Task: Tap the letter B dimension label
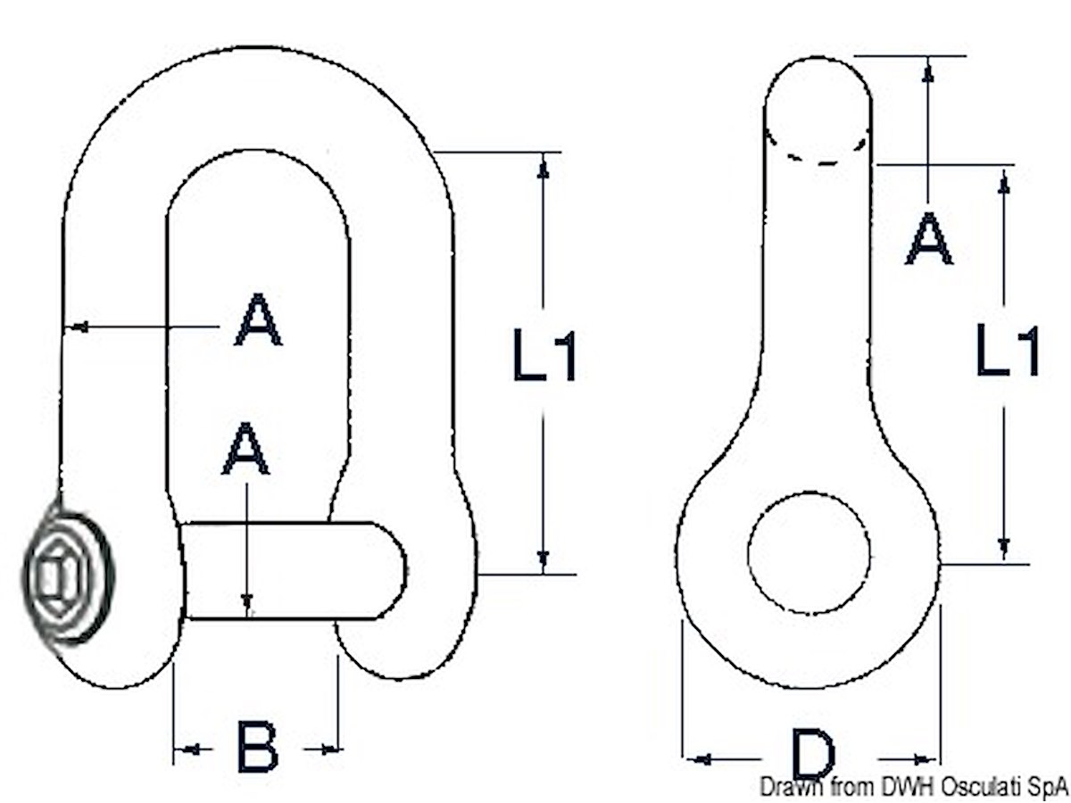point(257,746)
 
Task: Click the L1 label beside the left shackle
point(544,355)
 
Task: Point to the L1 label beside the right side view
point(1007,351)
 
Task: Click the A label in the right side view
point(928,238)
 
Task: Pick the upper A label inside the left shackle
point(258,319)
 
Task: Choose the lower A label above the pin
point(246,448)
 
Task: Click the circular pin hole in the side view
point(809,552)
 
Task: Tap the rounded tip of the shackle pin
point(390,570)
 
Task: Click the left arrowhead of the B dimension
point(194,749)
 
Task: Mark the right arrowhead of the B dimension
point(329,749)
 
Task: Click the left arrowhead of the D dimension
point(703,758)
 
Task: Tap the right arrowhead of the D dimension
point(920,759)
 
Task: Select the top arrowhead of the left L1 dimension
point(544,170)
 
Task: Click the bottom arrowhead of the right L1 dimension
point(1003,545)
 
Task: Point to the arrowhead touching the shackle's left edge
point(79,327)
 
